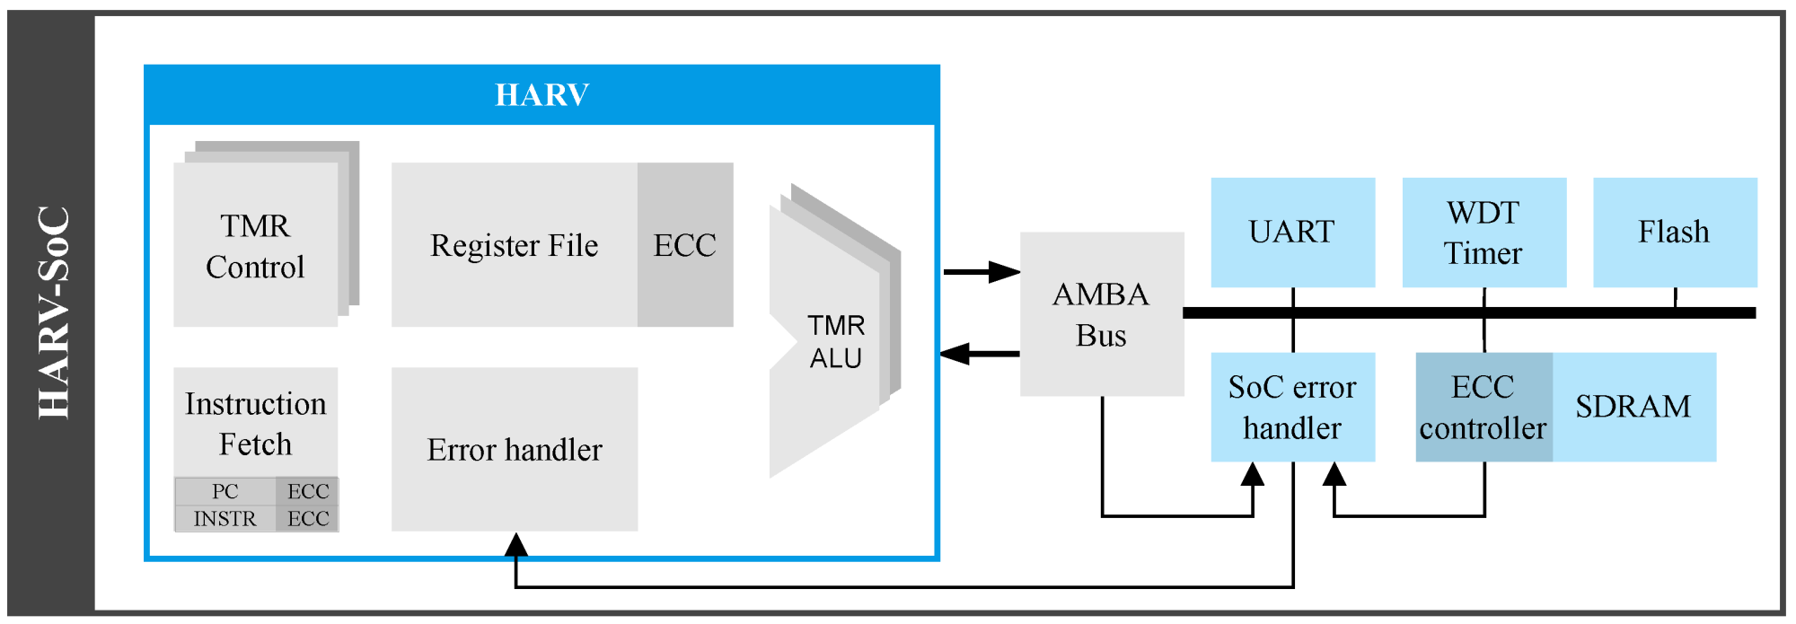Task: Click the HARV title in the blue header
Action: (541, 94)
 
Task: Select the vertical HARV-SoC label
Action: (53, 312)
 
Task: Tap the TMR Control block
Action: (255, 246)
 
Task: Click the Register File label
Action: (514, 245)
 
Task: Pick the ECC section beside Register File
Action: (685, 245)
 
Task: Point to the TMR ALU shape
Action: (835, 341)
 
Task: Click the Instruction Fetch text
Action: (255, 424)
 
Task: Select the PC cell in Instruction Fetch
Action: (224, 491)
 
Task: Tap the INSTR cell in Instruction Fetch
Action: (224, 519)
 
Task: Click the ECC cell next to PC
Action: (308, 491)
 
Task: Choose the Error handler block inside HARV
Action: (515, 449)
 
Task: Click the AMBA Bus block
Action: (1101, 314)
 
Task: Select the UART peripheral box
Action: (1292, 232)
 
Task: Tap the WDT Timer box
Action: (1483, 233)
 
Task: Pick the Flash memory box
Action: (1674, 232)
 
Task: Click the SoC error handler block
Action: (1292, 408)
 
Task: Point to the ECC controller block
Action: (1483, 408)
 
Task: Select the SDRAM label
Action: (1633, 407)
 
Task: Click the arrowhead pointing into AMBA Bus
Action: (1006, 271)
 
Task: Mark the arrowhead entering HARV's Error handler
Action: (515, 544)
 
